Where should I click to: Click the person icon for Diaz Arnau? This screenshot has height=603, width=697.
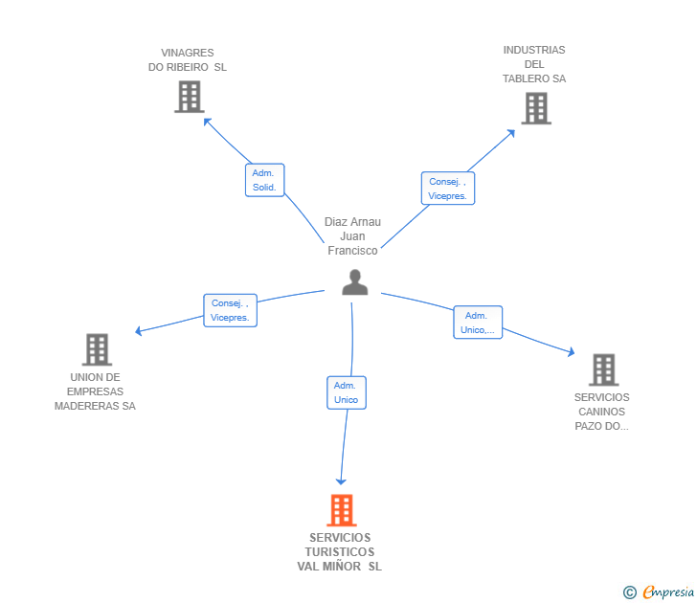click(354, 282)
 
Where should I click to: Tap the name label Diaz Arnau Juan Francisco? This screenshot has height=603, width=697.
click(352, 235)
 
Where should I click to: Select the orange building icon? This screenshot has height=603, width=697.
click(342, 510)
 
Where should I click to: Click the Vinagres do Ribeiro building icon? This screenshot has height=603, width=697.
click(190, 97)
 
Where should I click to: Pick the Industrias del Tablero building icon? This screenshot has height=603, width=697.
click(536, 108)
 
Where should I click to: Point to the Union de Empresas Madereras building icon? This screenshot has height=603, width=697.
click(97, 350)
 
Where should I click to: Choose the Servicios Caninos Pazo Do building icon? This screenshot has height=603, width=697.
click(603, 369)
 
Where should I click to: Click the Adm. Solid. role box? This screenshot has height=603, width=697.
click(264, 180)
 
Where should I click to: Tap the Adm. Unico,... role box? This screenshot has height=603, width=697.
click(477, 323)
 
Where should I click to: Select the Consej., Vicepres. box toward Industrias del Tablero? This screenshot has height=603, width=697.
click(448, 189)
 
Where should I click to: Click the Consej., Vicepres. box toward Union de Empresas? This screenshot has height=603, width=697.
click(230, 310)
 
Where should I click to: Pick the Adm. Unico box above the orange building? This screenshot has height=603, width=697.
click(346, 392)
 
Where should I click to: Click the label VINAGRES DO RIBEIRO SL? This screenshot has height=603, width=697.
click(188, 60)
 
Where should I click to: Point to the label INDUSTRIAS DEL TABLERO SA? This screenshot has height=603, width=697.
click(534, 64)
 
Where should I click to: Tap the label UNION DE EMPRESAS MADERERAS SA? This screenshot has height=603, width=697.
click(95, 391)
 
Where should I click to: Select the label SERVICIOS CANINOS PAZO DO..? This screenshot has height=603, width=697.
click(601, 412)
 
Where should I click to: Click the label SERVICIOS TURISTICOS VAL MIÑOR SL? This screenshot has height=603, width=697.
click(340, 552)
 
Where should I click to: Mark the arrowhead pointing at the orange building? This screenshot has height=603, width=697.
click(341, 480)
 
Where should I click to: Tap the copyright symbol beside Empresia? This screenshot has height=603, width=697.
click(630, 592)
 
